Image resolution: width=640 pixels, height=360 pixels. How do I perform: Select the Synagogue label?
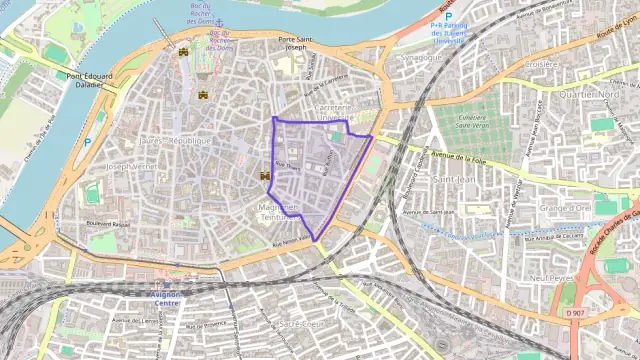[420, 57]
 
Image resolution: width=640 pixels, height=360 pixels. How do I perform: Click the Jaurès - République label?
[176, 141]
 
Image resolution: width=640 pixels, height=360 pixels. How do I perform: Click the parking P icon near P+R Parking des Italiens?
[449, 17]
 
